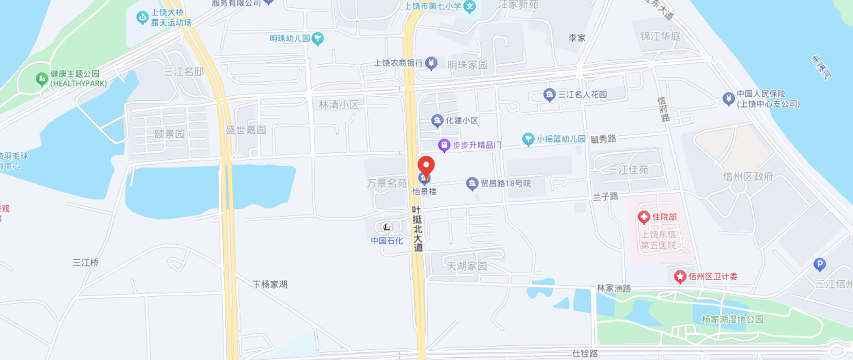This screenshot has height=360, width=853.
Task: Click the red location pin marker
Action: tap(426, 166)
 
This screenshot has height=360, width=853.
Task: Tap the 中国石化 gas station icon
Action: tap(387, 227)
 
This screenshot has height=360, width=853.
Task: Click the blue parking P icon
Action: tap(820, 265)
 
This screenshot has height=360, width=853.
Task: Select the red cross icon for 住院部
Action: tap(643, 218)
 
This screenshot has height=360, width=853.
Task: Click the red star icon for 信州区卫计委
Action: tap(680, 277)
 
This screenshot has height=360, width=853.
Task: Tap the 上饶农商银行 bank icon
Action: tap(431, 63)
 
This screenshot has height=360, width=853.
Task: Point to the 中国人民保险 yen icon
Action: tap(728, 98)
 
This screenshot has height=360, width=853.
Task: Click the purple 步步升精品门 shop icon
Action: tap(444, 146)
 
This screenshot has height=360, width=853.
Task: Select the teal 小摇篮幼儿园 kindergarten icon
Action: tap(528, 139)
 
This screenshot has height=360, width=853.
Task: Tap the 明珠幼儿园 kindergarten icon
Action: tap(318, 39)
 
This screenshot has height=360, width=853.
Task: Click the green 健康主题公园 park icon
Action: tap(42, 79)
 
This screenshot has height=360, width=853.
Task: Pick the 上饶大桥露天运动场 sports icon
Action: tap(142, 17)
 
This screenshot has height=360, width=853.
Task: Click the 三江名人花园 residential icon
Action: tap(549, 95)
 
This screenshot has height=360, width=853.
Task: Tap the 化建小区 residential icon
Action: tap(437, 121)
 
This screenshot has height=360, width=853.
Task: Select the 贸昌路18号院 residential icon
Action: tap(472, 184)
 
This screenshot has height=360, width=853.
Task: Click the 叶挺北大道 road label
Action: tap(417, 229)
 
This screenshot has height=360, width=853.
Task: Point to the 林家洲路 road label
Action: tap(613, 289)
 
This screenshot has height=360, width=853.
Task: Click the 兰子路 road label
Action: tap(605, 196)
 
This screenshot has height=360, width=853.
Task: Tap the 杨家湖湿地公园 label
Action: tap(732, 319)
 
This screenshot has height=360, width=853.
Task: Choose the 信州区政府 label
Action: tap(748, 177)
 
